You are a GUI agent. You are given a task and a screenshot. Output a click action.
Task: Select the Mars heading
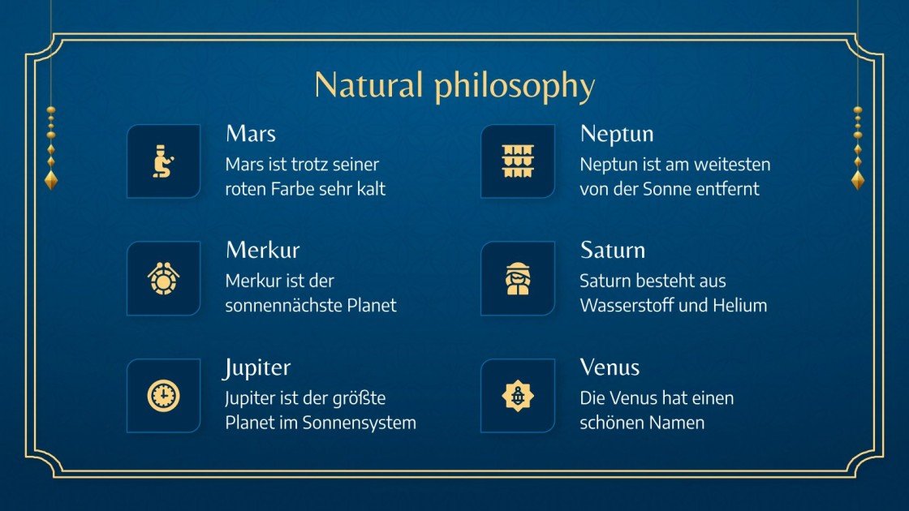tap(251, 133)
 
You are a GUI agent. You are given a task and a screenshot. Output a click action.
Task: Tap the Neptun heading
tap(617, 133)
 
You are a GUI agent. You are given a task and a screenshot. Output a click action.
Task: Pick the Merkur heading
tap(262, 250)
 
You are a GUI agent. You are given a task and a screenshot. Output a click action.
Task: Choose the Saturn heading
tap(613, 250)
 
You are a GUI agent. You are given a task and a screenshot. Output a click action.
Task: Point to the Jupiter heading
tap(257, 367)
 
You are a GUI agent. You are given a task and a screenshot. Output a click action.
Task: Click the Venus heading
tap(610, 367)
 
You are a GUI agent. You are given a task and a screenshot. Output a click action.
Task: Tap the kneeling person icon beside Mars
tap(164, 161)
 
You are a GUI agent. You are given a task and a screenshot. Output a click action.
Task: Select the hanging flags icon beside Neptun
tap(518, 161)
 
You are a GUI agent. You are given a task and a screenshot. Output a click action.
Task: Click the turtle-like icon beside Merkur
tap(164, 278)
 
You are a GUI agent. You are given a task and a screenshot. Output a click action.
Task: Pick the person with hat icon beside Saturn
tap(518, 278)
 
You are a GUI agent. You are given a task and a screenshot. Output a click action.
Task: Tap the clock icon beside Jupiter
tap(164, 396)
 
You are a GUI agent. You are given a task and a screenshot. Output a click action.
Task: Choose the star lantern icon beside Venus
tap(518, 396)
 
